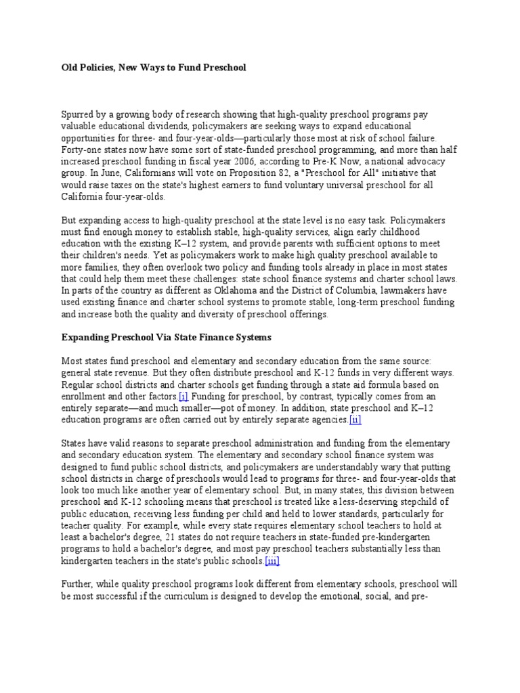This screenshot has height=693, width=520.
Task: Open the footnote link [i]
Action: tap(183, 396)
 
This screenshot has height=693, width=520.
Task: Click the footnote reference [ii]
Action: tap(355, 420)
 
